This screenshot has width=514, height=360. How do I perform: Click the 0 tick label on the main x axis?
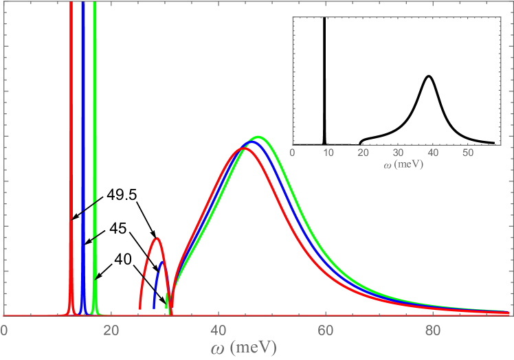[x=4, y=330]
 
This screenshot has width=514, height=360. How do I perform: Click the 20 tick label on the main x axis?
[x=111, y=330]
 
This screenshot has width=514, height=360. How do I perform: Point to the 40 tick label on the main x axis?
[x=219, y=330]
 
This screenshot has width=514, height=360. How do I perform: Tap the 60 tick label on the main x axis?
[x=326, y=330]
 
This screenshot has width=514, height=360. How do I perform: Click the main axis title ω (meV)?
[x=243, y=348]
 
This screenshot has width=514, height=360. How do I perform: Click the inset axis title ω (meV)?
[x=396, y=165]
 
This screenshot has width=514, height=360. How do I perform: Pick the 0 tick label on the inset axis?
[x=293, y=153]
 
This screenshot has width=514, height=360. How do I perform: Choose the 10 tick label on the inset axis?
[x=328, y=153]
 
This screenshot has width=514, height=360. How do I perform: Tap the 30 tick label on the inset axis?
[x=399, y=153]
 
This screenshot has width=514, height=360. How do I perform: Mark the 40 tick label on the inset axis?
[x=433, y=153]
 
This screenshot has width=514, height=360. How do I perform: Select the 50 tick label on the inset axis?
[x=468, y=153]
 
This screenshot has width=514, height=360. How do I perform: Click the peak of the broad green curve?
[x=258, y=137]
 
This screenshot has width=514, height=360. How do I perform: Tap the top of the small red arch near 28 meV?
[x=157, y=238]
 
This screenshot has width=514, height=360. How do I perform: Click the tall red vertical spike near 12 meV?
[x=71, y=103]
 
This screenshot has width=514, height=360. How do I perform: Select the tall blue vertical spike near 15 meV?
[x=83, y=103]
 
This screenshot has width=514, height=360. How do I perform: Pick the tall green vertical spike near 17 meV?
[x=95, y=103]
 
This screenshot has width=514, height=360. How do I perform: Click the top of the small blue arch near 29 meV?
[x=162, y=262]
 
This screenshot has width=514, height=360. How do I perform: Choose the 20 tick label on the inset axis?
[x=364, y=153]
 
